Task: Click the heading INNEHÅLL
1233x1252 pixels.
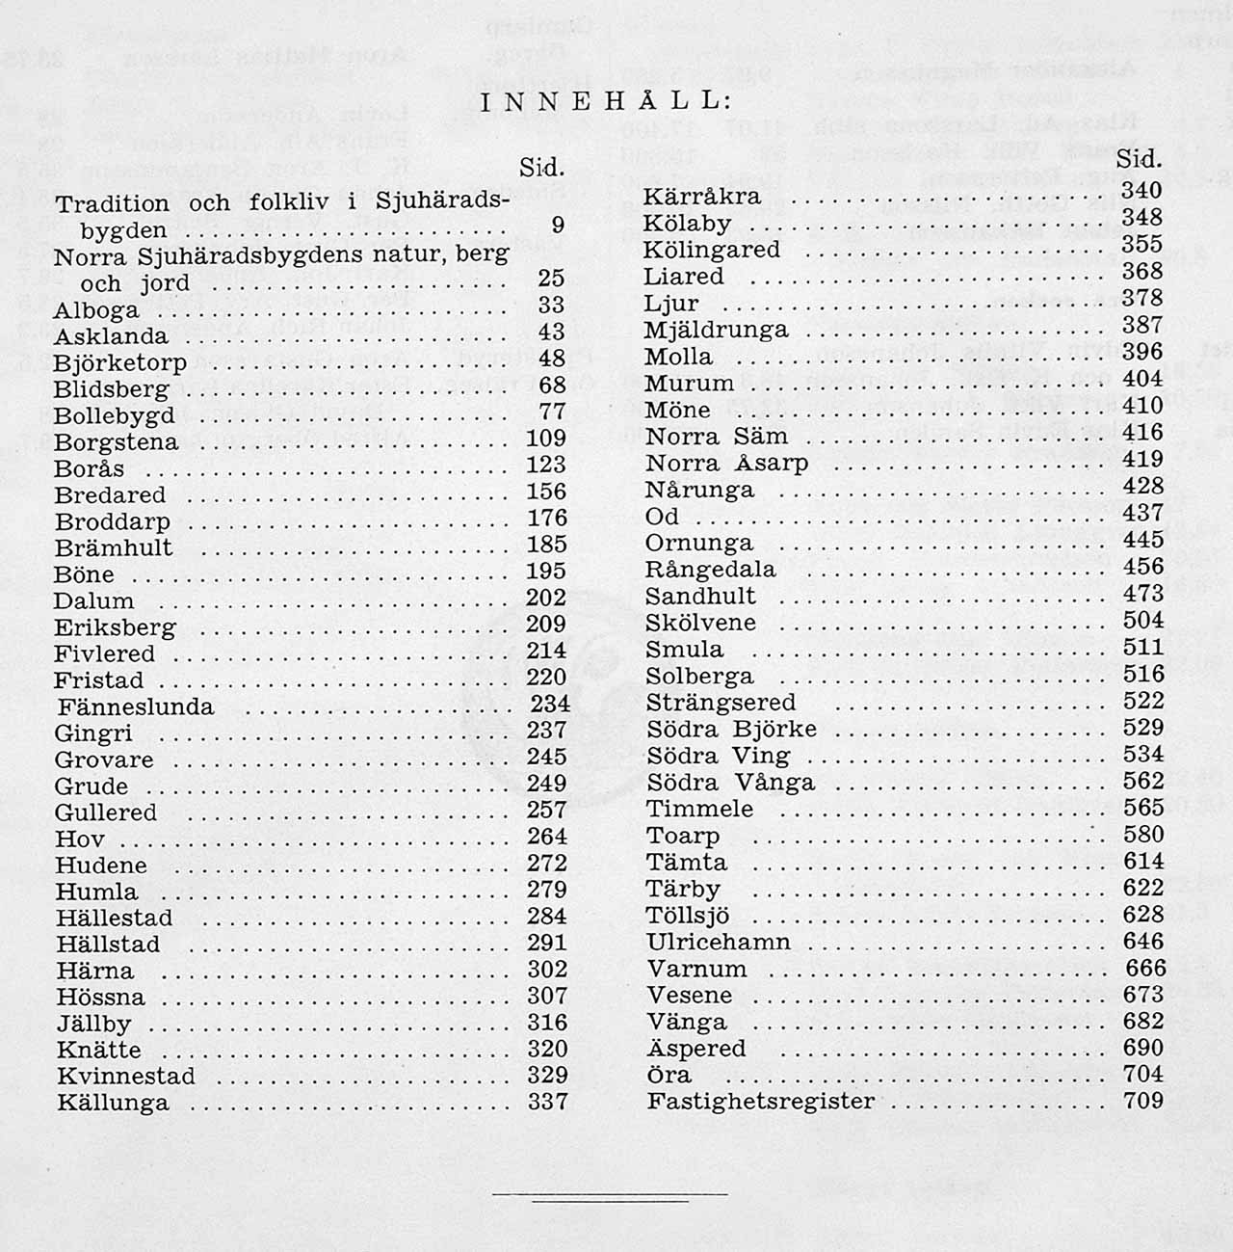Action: [x=605, y=102]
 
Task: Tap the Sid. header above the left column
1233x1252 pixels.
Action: [x=540, y=167]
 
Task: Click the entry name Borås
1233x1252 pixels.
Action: [x=90, y=469]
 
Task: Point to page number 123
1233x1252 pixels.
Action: [x=546, y=465]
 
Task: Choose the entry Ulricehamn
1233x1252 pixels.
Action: [x=718, y=942]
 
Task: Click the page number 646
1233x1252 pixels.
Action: [x=1143, y=941]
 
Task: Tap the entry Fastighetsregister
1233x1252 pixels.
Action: [x=761, y=1101]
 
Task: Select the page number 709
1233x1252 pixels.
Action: [x=1143, y=1100]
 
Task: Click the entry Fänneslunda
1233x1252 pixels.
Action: [x=135, y=706]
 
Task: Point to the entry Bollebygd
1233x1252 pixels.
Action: [x=114, y=416]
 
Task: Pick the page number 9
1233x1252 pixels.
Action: [x=557, y=226]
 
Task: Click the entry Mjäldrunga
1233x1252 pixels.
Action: [x=716, y=330]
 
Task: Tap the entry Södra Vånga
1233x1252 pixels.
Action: [x=730, y=782]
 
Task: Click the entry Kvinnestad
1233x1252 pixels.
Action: [x=125, y=1076]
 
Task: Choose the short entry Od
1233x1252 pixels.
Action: [x=662, y=517]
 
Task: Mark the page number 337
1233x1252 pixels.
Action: [x=547, y=1101]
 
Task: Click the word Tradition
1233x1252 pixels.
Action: [x=113, y=204]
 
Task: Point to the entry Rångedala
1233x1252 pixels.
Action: [x=710, y=569]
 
